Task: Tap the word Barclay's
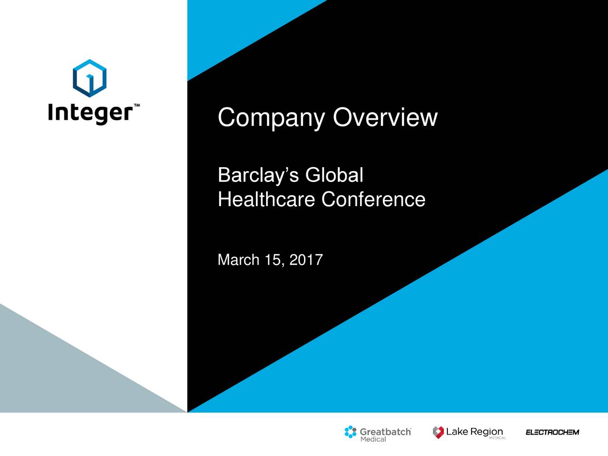[x=258, y=176]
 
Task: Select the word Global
[x=334, y=175]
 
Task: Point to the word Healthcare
[x=266, y=199]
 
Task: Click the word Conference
[x=373, y=199]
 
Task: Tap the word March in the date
[x=238, y=260]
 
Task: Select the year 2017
[x=306, y=260]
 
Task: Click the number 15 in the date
[x=273, y=260]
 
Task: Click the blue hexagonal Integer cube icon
[x=89, y=77]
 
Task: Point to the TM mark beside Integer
[x=137, y=105]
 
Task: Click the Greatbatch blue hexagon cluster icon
[x=351, y=432]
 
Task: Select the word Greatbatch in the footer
[x=385, y=432]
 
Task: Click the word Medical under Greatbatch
[x=373, y=439]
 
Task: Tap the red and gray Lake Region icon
[x=438, y=432]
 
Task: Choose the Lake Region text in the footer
[x=474, y=431]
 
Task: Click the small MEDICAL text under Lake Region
[x=497, y=438]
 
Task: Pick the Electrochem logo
[x=552, y=432]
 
